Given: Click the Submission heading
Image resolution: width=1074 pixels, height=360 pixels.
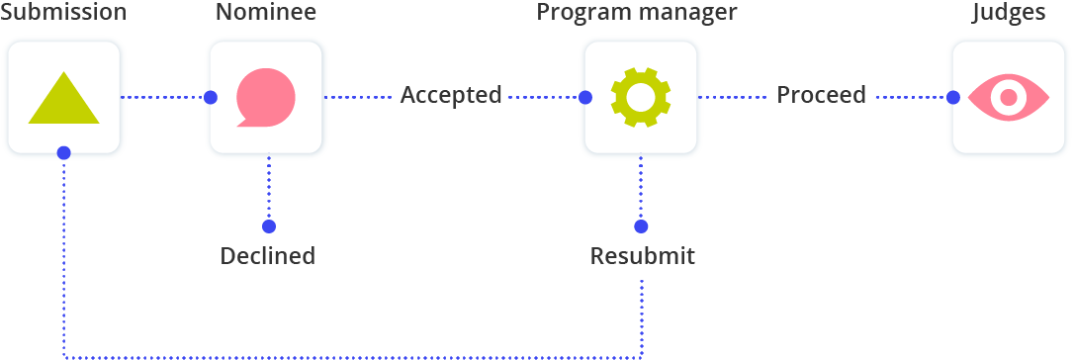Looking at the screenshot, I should coord(63,13).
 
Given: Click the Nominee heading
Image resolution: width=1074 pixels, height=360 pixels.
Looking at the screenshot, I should coord(266,13).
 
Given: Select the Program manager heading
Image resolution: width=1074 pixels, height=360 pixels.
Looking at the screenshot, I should coord(637,13).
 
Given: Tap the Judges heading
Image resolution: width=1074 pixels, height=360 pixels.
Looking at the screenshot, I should coord(1008,13).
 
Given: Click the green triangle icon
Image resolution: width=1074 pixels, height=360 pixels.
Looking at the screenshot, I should coord(63,99).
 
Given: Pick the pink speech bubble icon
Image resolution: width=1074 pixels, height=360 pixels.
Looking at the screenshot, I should coord(265,97).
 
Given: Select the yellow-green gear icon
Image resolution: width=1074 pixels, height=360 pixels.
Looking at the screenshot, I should coord(640,97).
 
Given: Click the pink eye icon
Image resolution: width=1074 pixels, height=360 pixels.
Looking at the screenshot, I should coord(1008,97).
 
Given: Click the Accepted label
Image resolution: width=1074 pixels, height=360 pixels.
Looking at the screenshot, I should coord(451,96).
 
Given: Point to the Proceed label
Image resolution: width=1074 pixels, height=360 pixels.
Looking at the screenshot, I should coord(821,95).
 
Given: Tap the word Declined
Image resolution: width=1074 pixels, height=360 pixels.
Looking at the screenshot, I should coord(267,256).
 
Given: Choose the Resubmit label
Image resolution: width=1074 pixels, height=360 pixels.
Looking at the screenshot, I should coord(642,256).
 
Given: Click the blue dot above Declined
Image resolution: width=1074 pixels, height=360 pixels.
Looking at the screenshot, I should coord(268,225).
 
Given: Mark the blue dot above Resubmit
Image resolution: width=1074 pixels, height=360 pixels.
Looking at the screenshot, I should coord(641,225).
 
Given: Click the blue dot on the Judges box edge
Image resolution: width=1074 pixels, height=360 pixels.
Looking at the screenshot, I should coord(952,97).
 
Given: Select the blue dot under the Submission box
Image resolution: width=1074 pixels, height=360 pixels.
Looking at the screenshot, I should coord(63,153).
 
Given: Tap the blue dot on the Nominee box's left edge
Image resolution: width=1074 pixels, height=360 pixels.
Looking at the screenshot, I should coord(210,97).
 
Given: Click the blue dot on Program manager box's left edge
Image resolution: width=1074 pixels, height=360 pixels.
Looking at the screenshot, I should coord(584,97).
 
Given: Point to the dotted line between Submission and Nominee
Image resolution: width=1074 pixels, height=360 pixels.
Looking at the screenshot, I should coord(163,97).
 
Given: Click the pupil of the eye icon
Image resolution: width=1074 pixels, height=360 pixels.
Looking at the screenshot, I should coord(1008,97).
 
